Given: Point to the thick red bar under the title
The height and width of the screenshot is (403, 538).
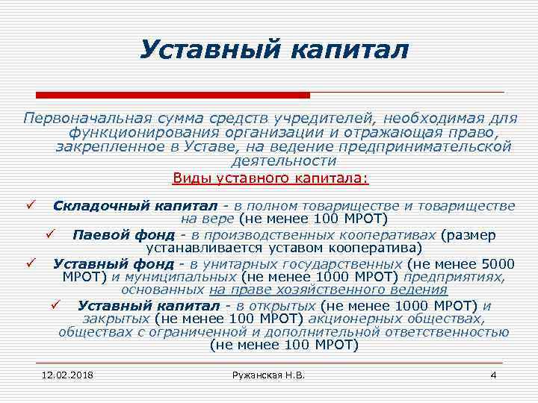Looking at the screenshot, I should (173, 95).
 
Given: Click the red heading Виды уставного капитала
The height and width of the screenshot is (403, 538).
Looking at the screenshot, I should (270, 178).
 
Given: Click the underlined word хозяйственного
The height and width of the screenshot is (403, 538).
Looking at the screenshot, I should (335, 290).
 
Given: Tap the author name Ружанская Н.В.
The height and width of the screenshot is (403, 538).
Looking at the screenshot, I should (268, 374).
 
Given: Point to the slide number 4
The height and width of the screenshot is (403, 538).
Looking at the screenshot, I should (492, 374).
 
